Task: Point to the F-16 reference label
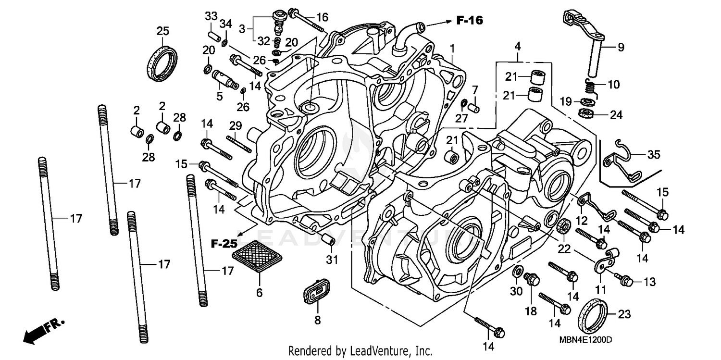coord(470,20)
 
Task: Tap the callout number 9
coord(621,47)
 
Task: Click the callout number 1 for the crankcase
coord(452,48)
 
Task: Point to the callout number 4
coord(517,47)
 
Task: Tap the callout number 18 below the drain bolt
coord(530,311)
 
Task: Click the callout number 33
coord(211,16)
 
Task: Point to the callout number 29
coord(235,125)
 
